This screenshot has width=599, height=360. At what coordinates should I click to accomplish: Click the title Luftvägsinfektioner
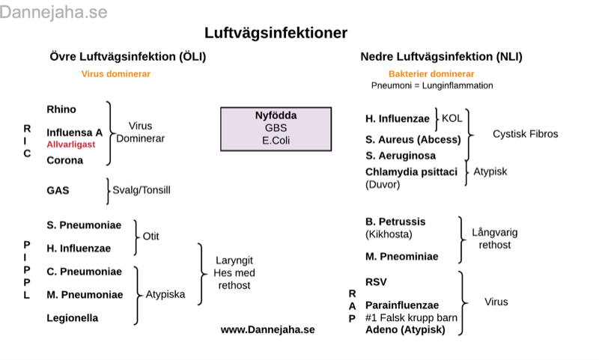point(276,33)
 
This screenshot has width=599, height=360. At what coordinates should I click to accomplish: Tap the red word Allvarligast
point(71,144)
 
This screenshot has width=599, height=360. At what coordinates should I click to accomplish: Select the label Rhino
point(61,109)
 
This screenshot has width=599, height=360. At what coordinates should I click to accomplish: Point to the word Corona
point(65,160)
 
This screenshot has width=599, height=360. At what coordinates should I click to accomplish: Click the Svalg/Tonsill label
point(142,190)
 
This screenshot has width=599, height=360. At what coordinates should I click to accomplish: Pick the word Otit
point(150,236)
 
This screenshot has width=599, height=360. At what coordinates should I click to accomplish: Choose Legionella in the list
point(73,318)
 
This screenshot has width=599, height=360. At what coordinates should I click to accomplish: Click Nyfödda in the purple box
point(276,115)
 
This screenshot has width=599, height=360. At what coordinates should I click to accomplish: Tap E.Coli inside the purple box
point(276,139)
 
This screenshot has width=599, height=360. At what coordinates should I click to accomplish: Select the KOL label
point(452,118)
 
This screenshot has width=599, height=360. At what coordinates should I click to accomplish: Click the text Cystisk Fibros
point(525,134)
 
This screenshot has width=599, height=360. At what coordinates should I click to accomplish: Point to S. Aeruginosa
point(401,156)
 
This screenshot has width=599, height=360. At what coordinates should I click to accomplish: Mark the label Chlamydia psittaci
point(411,172)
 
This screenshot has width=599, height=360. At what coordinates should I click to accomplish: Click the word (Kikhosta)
point(388,234)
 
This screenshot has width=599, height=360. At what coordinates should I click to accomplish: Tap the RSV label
point(376,282)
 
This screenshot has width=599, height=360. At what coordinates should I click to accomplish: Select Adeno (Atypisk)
point(405,329)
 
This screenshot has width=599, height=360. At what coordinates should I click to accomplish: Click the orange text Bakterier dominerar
point(431,74)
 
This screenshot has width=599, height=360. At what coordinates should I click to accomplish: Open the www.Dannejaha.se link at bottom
point(267,329)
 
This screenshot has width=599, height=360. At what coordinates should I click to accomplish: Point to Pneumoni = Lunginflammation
point(432,85)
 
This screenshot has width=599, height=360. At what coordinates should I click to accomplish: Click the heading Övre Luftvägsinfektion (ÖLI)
point(127,56)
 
